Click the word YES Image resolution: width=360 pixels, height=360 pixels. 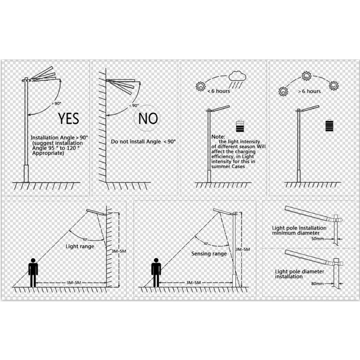[68, 118]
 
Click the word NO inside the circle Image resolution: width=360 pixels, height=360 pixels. [148, 118]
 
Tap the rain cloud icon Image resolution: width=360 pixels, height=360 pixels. [238, 80]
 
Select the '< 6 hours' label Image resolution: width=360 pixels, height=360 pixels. [219, 91]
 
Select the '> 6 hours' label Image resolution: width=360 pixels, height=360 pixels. [309, 91]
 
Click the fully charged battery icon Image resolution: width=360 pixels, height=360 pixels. [330, 125]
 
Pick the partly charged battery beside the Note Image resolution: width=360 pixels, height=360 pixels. [240, 126]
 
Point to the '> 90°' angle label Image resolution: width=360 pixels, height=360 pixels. [57, 103]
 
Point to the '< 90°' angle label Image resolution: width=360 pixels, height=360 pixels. [134, 105]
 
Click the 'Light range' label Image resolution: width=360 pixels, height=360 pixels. [80, 247]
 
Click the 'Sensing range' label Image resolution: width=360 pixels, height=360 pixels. [209, 254]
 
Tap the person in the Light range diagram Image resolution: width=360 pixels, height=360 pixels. [33, 273]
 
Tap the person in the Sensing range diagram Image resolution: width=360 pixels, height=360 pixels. [156, 273]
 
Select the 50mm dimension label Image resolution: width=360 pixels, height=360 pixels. [318, 239]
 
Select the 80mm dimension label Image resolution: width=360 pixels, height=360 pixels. [318, 283]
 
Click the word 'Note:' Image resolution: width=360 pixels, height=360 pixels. [218, 137]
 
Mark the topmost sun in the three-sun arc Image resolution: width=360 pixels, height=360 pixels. [306, 76]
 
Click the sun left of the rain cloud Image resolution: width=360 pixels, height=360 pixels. [200, 86]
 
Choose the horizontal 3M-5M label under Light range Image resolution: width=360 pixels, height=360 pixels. [74, 283]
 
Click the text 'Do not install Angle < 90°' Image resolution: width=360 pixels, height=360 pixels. [143, 142]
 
